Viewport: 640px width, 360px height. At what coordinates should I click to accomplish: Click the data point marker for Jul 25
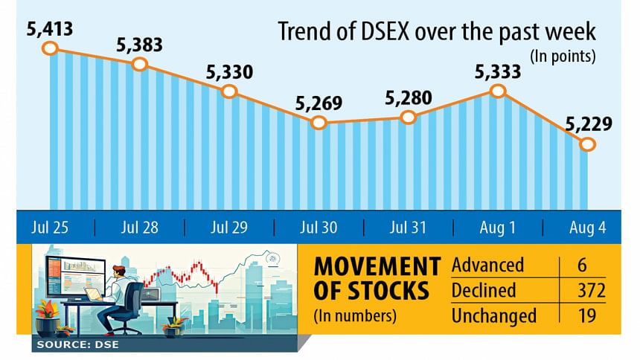tap(50, 48)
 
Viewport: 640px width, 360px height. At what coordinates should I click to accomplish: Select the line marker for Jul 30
tap(319, 122)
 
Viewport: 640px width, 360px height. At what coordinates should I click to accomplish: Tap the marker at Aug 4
tap(588, 144)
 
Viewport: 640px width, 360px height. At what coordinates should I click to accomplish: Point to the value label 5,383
tap(138, 45)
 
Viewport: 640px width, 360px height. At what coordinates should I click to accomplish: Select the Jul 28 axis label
tap(140, 227)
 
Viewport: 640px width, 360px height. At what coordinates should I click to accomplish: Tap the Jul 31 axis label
tap(408, 227)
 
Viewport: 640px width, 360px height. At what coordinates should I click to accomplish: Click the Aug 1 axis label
tap(498, 227)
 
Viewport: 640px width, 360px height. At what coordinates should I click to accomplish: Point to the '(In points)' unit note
tap(563, 57)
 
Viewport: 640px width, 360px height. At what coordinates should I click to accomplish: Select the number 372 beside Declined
tap(587, 290)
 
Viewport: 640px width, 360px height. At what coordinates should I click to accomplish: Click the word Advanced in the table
tap(488, 265)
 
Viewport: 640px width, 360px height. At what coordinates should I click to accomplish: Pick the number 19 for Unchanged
tap(587, 315)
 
